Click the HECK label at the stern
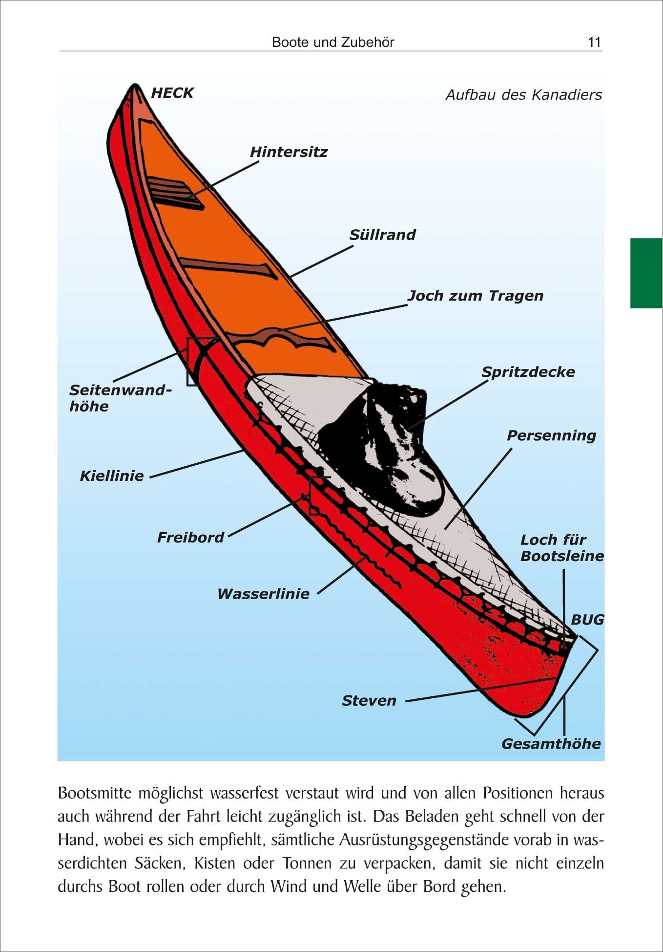point(172,93)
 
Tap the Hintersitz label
point(289,152)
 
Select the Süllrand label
point(382,235)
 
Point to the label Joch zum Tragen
point(475,296)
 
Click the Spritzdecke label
point(528,372)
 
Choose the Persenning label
point(551,435)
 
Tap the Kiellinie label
point(112,476)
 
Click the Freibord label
point(190,538)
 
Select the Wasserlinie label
point(263,594)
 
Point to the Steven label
point(369,701)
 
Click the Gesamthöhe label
point(551,744)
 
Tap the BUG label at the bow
point(587,620)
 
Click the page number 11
point(594,42)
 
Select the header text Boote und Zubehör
point(333,42)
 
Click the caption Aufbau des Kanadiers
point(523,95)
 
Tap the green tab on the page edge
point(646,273)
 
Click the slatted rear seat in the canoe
point(174,192)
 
